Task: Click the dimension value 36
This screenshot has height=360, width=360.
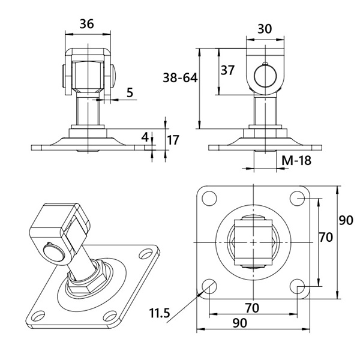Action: [x=87, y=24]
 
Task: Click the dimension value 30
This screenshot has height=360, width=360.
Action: [x=265, y=29]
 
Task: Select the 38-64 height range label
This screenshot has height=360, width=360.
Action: [x=180, y=78]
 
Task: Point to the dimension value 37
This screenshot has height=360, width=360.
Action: [x=227, y=70]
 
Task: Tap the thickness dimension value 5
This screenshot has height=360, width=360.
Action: [x=130, y=92]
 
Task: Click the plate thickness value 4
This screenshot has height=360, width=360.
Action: [x=145, y=137]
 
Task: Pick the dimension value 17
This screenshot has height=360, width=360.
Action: [x=173, y=140]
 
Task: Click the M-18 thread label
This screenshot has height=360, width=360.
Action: [x=296, y=160]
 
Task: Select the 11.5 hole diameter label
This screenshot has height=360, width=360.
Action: [x=160, y=313]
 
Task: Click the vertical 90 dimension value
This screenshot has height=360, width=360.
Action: [x=346, y=220]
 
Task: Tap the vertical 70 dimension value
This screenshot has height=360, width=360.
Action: [x=326, y=237]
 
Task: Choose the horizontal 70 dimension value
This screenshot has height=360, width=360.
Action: [x=252, y=308]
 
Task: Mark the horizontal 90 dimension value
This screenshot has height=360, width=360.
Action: [x=240, y=323]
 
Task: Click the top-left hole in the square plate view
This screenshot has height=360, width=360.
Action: [x=209, y=198]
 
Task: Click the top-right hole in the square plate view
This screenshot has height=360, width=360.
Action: [x=298, y=198]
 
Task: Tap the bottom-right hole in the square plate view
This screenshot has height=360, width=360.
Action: [x=298, y=287]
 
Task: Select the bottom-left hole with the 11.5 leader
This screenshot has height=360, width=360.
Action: [x=209, y=287]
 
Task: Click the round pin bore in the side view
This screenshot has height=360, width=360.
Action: [x=265, y=76]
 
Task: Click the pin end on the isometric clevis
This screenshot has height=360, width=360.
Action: [x=54, y=252]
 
